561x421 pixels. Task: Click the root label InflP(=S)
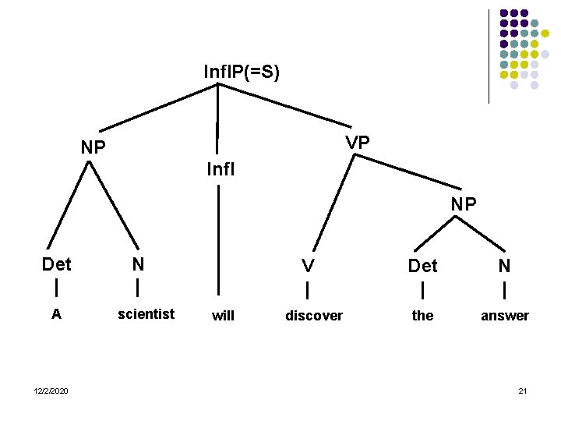point(241,73)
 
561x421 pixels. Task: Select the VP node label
point(358,143)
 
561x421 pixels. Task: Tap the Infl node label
point(221,168)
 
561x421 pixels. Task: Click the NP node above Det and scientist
point(93,147)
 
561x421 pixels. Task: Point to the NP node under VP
point(464,204)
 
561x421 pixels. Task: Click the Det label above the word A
point(56,264)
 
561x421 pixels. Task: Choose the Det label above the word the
point(423,266)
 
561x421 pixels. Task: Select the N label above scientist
point(138,264)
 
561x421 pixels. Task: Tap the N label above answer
point(505,266)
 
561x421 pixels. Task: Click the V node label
point(309,266)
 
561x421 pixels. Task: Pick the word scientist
point(146,314)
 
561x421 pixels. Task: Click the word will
point(223,316)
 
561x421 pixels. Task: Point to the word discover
point(314,316)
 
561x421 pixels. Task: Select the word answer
point(505,316)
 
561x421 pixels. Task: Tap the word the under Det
point(422,316)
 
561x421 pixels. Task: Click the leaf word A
point(56,314)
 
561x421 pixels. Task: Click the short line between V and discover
point(309,290)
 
